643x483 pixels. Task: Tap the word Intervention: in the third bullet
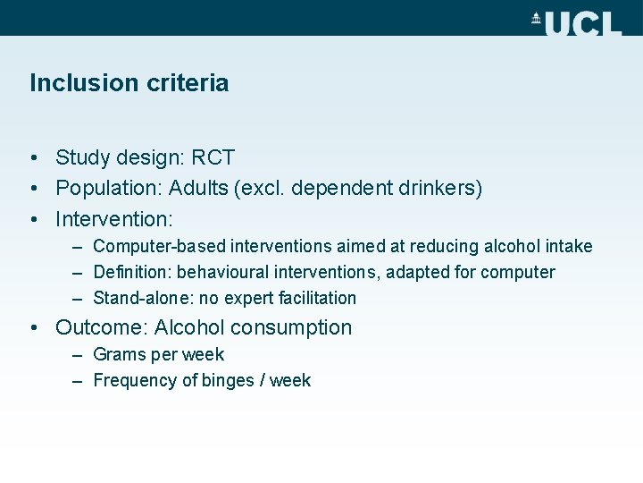(x=113, y=219)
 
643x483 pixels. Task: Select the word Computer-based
(x=158, y=246)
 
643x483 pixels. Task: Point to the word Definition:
(x=131, y=272)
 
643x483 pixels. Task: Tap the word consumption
(x=299, y=327)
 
